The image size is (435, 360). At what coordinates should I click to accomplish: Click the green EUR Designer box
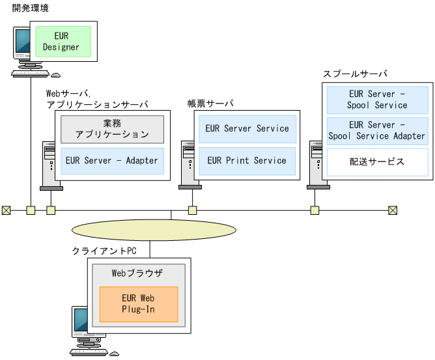tap(61, 40)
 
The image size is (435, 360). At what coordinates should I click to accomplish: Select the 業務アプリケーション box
tap(111, 129)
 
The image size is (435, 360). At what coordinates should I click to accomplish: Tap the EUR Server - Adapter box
tap(111, 160)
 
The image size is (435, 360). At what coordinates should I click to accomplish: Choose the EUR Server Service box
tap(247, 128)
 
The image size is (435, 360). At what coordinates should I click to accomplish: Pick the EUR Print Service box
tap(247, 160)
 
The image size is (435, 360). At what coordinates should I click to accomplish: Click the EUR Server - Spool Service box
tap(377, 100)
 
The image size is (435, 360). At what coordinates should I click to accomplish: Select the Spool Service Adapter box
tap(377, 130)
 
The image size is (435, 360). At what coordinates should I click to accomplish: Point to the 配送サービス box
tap(377, 161)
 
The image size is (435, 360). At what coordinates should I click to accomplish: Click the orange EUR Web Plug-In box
tap(138, 303)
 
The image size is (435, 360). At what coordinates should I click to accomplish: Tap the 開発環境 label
tap(30, 8)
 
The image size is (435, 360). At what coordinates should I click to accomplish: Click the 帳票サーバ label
tap(210, 104)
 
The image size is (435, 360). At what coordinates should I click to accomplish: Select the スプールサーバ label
tap(355, 74)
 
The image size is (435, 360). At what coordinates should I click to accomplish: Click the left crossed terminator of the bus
tap(6, 210)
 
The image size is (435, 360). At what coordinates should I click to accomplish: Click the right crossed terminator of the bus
tap(392, 210)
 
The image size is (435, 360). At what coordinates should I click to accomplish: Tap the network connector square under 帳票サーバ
tap(193, 210)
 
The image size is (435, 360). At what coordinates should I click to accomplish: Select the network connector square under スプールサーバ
tap(315, 210)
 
